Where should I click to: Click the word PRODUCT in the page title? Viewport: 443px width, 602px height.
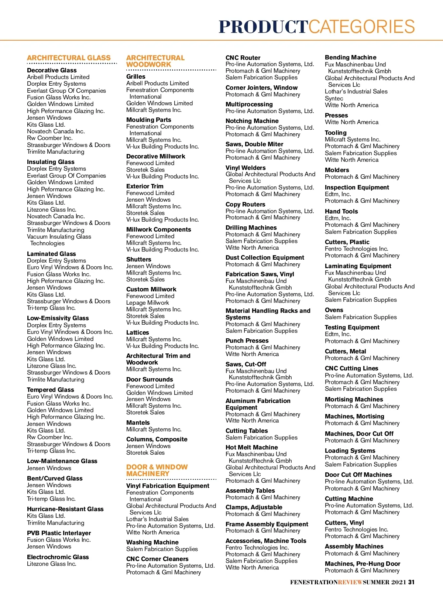[x=263, y=27]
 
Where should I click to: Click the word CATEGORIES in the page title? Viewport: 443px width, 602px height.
[x=362, y=27]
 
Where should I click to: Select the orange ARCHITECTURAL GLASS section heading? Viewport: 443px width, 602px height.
[x=69, y=58]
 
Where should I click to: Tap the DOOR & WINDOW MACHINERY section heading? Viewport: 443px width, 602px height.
[x=157, y=470]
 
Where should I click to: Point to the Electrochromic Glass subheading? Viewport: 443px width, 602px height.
[x=58, y=557]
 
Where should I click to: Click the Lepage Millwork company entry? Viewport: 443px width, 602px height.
[x=147, y=302]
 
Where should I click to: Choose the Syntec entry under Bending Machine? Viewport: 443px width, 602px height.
[x=334, y=98]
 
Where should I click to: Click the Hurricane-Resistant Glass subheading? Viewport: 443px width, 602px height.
[x=65, y=509]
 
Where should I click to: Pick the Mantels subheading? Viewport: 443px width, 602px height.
[x=138, y=423]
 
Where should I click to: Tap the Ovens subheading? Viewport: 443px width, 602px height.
[x=334, y=310]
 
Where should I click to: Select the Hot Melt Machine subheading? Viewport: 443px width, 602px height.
[x=251, y=447]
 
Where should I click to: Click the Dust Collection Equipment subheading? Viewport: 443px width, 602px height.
[x=265, y=257]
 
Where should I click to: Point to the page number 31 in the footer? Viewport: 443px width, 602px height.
[x=411, y=582]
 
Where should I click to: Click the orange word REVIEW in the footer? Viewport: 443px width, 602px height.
[x=350, y=582]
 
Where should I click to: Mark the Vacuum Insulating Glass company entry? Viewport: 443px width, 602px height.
[x=59, y=236]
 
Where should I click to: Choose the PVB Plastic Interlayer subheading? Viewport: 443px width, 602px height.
[x=59, y=533]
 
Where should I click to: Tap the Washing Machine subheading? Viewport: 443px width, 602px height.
[x=152, y=542]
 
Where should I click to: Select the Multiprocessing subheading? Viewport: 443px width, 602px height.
[x=249, y=104]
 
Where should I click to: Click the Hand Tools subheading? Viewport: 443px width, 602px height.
[x=341, y=211]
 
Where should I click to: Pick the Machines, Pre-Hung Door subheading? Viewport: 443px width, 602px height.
[x=362, y=564]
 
